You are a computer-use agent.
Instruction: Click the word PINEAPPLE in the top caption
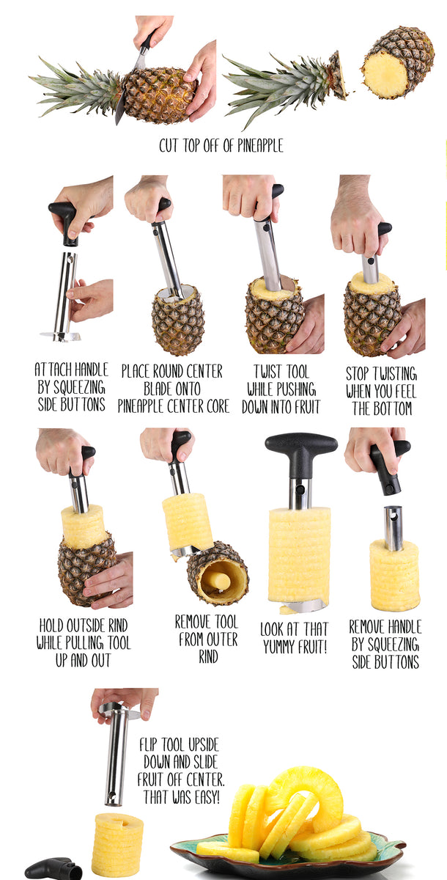260,145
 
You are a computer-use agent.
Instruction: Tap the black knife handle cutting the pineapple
147,43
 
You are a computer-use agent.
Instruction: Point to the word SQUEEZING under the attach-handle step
79,387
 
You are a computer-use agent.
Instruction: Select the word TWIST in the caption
268,372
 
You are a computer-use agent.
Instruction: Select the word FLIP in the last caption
148,744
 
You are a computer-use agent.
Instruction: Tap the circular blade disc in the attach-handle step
61,336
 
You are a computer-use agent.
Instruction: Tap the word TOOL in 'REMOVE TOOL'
226,622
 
